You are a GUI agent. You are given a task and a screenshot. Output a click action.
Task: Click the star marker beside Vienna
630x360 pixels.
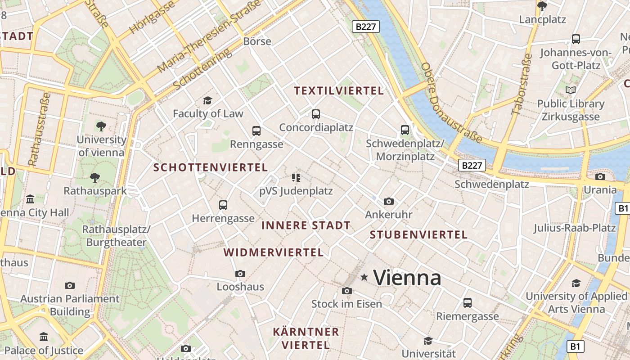pos(364,277)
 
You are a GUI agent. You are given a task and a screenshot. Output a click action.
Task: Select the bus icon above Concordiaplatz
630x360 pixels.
pos(316,114)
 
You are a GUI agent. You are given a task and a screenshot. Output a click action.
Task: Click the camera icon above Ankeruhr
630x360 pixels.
pos(389,201)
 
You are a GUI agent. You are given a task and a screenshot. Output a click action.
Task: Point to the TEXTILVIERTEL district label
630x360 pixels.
pos(339,91)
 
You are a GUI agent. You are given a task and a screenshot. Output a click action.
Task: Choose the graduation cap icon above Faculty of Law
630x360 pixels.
pos(207,100)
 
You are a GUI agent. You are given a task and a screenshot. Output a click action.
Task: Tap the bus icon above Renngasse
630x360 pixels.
pos(256,131)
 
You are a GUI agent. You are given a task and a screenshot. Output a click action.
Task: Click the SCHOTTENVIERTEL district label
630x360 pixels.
pos(211,167)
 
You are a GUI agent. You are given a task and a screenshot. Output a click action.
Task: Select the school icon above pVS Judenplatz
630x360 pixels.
pos(296,177)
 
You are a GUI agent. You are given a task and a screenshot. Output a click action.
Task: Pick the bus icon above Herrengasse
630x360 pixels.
pos(223,205)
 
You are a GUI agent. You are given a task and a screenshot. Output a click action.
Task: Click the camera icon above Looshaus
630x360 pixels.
pos(240,274)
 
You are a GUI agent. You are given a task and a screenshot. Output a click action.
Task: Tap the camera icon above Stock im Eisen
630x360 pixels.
pos(346,291)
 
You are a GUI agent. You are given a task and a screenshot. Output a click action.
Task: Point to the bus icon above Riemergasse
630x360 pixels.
pos(468,303)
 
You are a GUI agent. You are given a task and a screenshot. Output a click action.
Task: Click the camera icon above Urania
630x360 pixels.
pos(600,176)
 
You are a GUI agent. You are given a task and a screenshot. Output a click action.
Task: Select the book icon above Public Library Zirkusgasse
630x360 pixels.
pos(571,90)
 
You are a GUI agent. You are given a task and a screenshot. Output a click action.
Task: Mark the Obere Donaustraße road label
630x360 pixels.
pos(451,103)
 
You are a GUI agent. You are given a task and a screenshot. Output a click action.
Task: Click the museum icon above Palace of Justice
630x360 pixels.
pos(44,337)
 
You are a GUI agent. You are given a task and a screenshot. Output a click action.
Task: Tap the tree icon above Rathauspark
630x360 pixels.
pos(94,178)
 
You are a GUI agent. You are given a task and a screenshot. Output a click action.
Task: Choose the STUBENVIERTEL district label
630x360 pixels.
pos(418,234)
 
